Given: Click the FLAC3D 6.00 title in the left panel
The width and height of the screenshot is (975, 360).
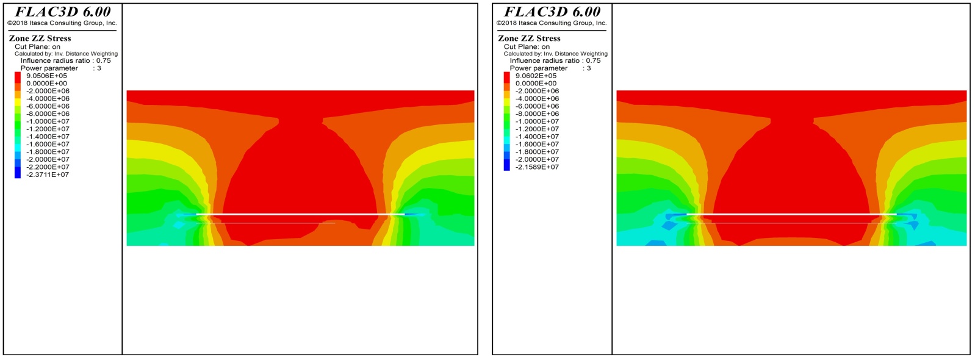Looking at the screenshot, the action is [x=63, y=12].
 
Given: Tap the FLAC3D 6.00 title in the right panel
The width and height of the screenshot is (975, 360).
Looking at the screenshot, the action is [x=552, y=12].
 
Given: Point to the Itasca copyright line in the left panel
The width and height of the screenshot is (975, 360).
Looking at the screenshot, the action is [x=62, y=23].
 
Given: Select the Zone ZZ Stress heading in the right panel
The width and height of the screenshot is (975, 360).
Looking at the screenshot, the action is [x=529, y=38].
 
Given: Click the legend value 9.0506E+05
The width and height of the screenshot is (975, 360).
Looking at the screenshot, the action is [x=46, y=76].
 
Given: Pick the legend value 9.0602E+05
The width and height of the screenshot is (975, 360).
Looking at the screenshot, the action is [x=536, y=76].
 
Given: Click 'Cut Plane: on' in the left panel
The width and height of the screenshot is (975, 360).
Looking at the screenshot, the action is [x=37, y=46].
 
